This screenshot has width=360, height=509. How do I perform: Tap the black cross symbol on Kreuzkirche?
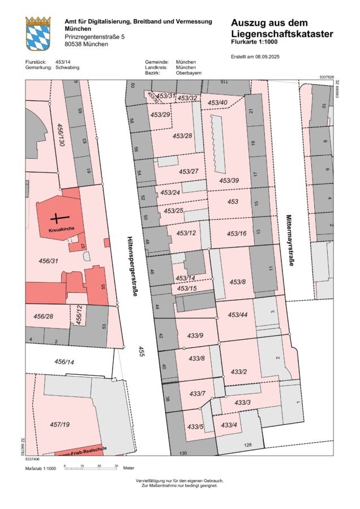coord(57,218)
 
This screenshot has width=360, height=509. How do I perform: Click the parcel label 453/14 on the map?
coord(185,278)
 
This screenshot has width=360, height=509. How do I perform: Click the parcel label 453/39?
coord(229,180)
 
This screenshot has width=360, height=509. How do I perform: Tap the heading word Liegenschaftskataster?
coord(281,34)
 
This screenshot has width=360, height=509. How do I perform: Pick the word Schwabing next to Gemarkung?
coord(67,67)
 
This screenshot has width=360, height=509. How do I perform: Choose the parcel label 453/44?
coord(238,314)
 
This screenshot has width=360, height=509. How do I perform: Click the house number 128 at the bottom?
coord(247,446)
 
